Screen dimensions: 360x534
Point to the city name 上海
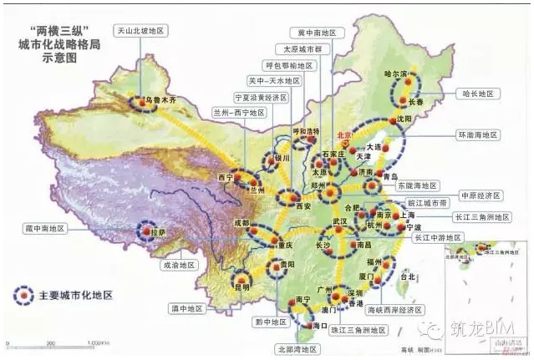tap(409, 214)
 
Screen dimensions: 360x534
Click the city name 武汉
tap(338, 221)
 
